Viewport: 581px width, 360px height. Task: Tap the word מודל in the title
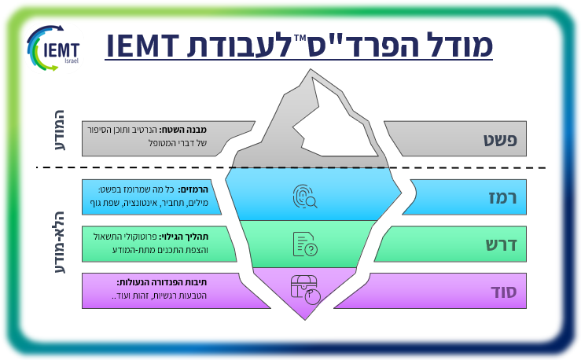click(454, 46)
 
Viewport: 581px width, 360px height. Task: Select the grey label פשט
click(504, 140)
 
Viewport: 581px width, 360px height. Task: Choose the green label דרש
click(504, 244)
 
